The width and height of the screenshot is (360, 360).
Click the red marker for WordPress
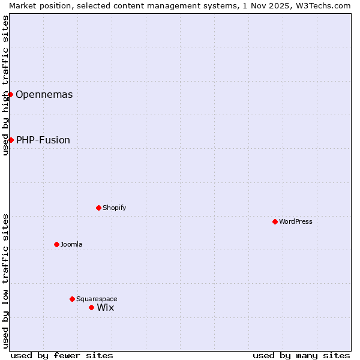275,221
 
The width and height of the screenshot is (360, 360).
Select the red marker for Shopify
98,208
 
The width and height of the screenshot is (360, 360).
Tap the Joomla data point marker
56,244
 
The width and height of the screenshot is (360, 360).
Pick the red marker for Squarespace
72,299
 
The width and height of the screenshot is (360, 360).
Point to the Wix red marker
91,307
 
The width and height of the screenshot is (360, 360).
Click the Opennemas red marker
10,94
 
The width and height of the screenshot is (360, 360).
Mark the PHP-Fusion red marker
11,140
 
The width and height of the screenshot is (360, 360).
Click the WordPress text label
296,221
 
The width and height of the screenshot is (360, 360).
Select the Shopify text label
115,208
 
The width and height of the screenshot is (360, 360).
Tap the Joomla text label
71,244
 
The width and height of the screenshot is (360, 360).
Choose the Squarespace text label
97,299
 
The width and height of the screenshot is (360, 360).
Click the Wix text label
106,308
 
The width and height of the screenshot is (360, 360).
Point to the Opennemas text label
44,95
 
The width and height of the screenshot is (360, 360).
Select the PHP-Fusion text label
43,140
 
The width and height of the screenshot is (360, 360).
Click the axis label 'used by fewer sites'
62,355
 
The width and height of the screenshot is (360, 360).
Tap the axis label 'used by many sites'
301,355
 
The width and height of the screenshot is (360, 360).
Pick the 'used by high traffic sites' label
5,85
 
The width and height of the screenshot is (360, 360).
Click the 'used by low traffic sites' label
5,281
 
